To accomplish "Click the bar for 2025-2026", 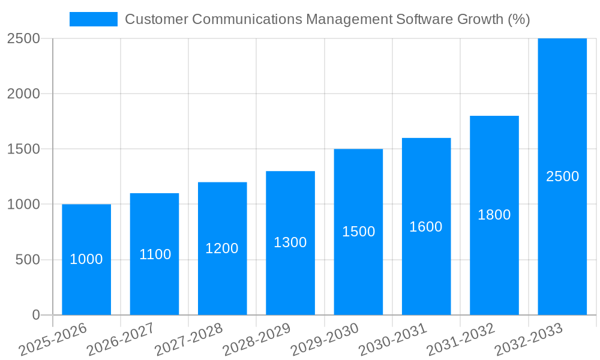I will [x=86, y=282].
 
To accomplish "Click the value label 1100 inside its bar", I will [x=155, y=254].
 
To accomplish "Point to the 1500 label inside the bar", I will [x=359, y=232].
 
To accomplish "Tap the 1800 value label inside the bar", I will [x=494, y=215].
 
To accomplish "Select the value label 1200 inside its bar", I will [x=222, y=248].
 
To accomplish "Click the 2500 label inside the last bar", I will [x=563, y=176].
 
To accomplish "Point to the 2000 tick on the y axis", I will [x=23, y=94].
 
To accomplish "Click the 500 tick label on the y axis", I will [x=28, y=260].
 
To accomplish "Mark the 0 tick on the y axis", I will [x=36, y=315].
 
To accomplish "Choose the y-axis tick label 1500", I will [x=23, y=149].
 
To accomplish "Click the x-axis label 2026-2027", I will [x=120, y=340].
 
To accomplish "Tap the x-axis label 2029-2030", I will [x=325, y=340].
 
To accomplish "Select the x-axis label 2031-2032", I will [x=461, y=340].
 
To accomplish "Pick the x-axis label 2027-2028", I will [x=188, y=340].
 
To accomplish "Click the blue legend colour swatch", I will [x=93, y=19].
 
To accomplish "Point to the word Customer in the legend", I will [x=155, y=19].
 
